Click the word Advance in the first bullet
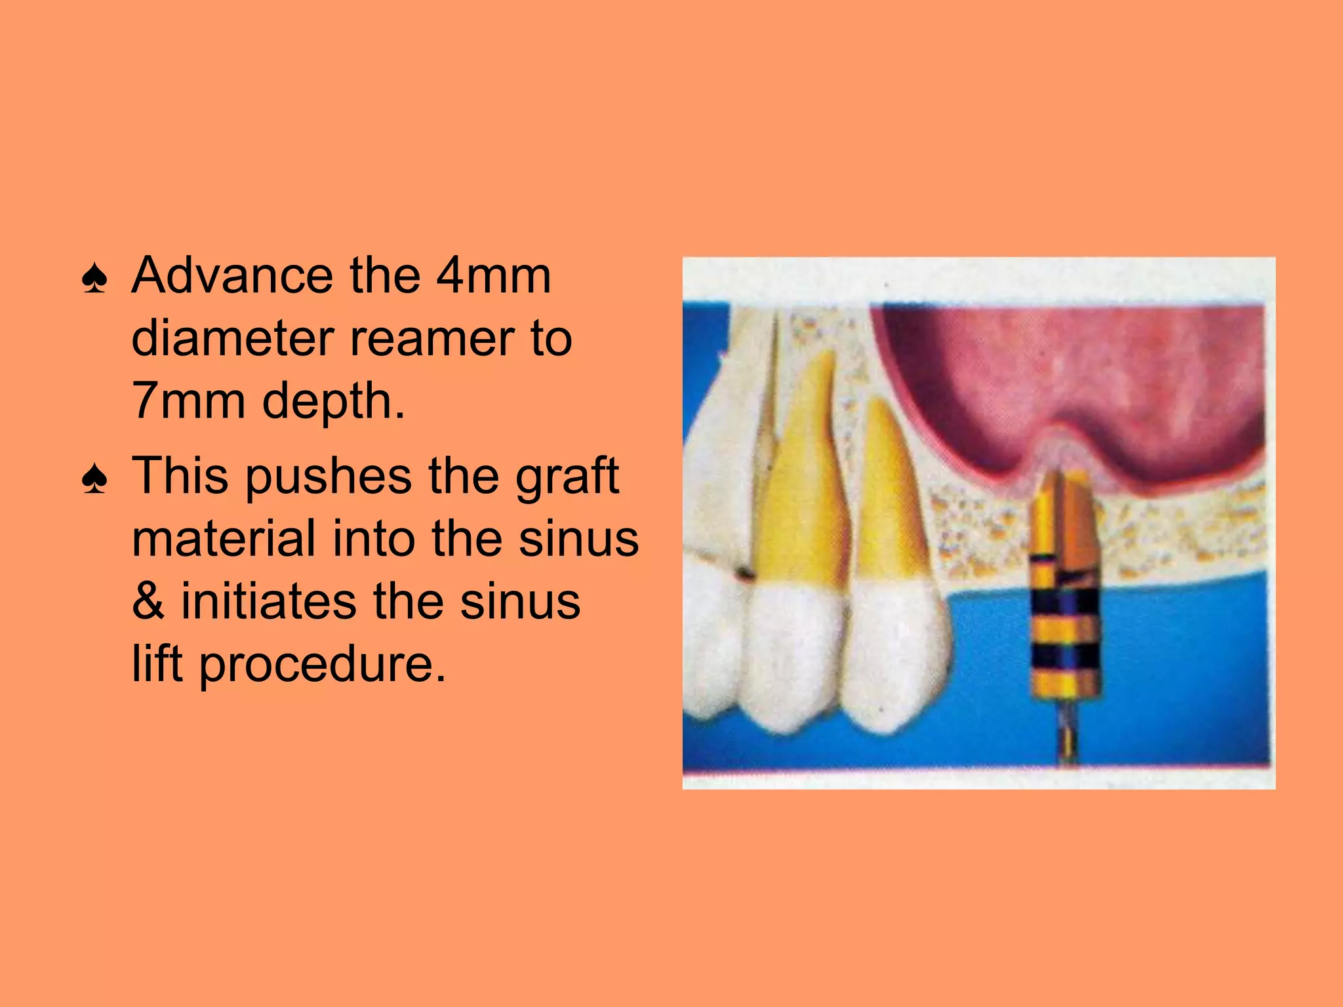coord(232,275)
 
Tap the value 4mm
coord(493,275)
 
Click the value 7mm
coord(189,401)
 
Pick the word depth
coord(333,401)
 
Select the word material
coord(223,538)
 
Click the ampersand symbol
coord(148,601)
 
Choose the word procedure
coord(322,664)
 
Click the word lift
coord(157,663)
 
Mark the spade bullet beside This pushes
coord(94,480)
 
